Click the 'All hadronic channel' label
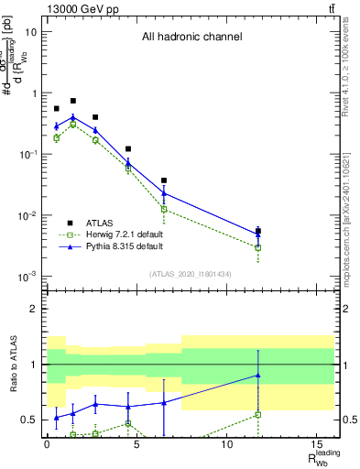[191, 38]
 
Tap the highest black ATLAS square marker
[73, 101]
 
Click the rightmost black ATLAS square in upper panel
[258, 231]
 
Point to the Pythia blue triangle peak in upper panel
[73, 117]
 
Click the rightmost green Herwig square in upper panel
[258, 247]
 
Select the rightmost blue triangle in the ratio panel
[258, 375]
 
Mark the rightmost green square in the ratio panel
[258, 414]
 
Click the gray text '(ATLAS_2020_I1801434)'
[191, 274]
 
